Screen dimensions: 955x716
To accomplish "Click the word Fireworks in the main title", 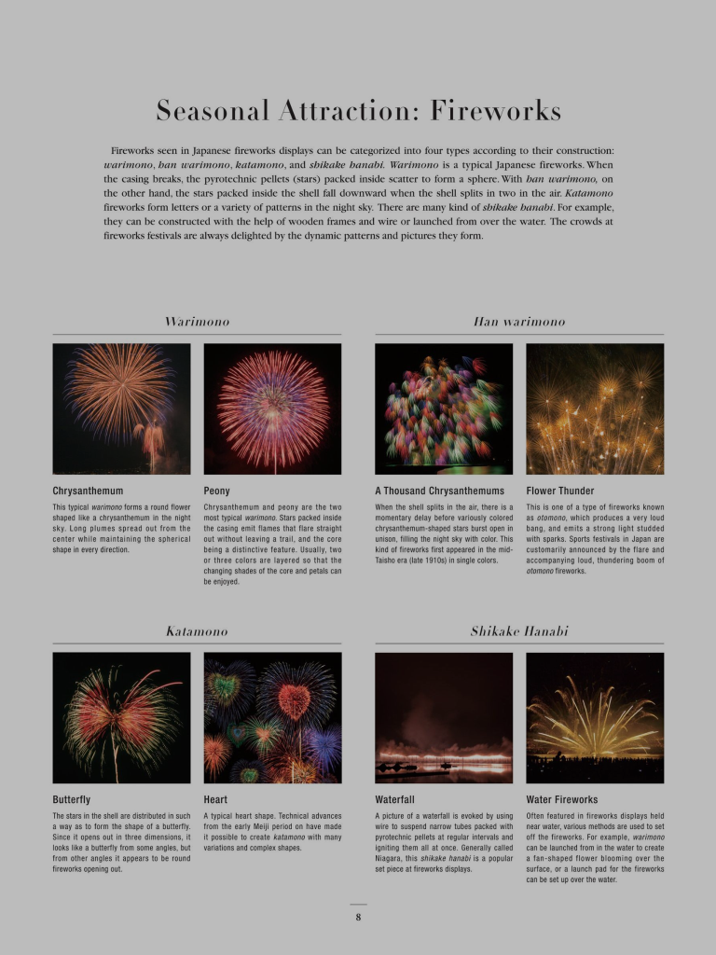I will click(495, 111).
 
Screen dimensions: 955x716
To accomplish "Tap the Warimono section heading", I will click(197, 322).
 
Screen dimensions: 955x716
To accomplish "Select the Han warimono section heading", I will click(519, 322).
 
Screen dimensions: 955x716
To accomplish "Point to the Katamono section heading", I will click(197, 631).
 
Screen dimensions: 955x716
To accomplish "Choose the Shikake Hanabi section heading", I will click(519, 631).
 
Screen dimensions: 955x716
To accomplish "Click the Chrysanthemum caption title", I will click(88, 491).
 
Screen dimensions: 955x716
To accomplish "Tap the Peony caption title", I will click(216, 491).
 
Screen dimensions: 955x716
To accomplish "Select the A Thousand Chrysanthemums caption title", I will click(439, 491).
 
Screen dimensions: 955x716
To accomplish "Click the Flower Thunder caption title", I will click(559, 491).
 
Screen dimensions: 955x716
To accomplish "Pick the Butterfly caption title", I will click(72, 799).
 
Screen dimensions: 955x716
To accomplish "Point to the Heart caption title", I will click(215, 799).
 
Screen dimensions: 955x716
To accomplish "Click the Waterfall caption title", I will click(394, 799).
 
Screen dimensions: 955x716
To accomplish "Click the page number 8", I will click(358, 917).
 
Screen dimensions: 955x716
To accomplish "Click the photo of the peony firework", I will click(272, 408).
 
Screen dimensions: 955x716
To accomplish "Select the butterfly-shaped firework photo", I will click(121, 717).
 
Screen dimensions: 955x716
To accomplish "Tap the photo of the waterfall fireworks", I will click(444, 717).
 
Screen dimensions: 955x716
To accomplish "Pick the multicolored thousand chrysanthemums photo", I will click(444, 408).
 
